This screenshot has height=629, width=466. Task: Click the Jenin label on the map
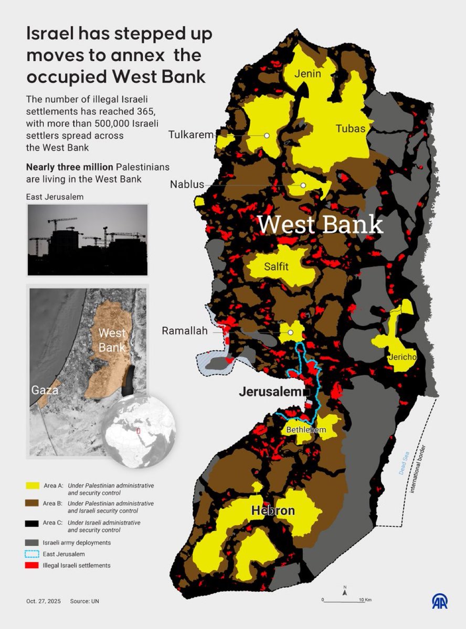point(308,73)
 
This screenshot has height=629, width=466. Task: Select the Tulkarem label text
point(191,135)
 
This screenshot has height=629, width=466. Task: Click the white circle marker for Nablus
point(303,186)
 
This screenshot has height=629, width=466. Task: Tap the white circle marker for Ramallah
point(290,332)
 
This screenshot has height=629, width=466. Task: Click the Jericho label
point(403,357)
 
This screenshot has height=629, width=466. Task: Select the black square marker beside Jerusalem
point(306,392)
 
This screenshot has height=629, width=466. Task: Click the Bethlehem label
point(306,430)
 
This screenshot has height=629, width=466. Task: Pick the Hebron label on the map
point(273,511)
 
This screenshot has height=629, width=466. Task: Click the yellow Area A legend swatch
point(32,486)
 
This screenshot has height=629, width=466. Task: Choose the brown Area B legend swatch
point(32,504)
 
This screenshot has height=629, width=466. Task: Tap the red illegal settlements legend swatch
point(32,566)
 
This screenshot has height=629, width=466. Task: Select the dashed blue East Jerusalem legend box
point(32,554)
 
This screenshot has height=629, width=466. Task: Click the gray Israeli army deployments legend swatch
point(32,543)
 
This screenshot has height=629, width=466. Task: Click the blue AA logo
point(440,601)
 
